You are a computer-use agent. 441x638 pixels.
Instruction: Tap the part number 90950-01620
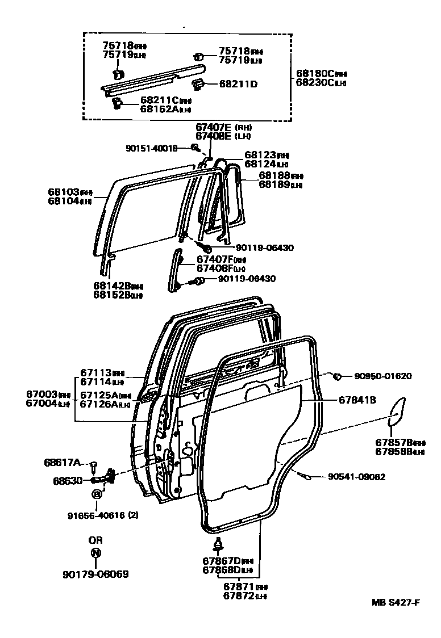click(383, 376)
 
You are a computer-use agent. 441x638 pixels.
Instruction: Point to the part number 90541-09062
click(356, 477)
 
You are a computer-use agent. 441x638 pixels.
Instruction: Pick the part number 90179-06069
click(95, 574)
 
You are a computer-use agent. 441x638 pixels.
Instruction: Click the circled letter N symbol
click(95, 553)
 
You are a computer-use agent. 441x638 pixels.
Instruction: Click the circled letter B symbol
click(97, 494)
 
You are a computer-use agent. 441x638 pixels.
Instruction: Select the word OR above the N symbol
click(95, 540)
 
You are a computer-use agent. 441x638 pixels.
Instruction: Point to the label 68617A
click(63, 462)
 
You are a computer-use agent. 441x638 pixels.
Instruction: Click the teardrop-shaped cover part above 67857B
click(397, 411)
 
